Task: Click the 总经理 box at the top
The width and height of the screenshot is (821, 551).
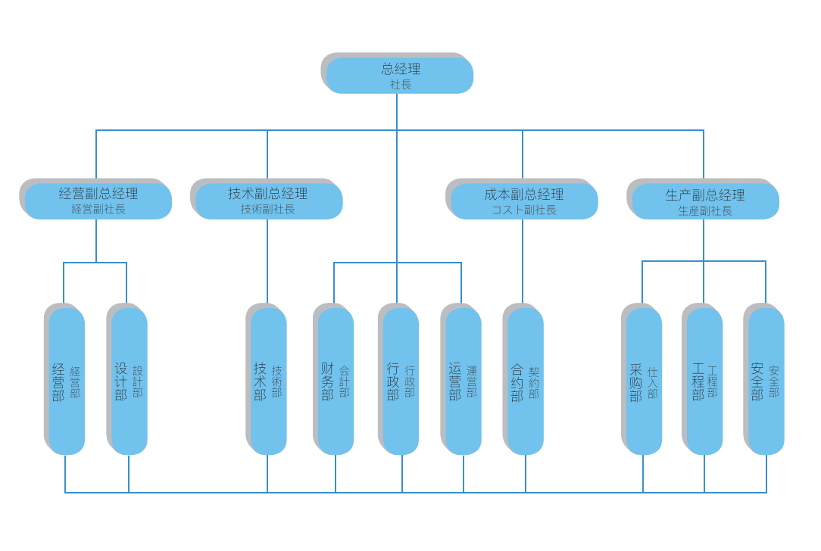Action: tap(399, 75)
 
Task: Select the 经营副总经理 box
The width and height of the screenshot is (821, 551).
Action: tap(98, 201)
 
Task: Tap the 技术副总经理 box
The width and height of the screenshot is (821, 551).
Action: tap(269, 201)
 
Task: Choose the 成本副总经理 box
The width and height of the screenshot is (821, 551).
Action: tap(524, 201)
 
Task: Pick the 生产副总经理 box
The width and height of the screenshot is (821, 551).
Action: tap(705, 201)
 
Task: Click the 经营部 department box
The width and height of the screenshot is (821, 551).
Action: tap(67, 381)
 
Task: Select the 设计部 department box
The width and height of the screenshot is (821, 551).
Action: tap(129, 381)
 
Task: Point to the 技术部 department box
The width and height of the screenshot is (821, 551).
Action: tap(268, 381)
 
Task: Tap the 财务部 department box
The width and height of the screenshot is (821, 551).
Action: tap(336, 381)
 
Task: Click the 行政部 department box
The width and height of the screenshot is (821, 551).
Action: tap(401, 381)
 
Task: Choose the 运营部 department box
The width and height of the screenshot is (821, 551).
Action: tap(463, 381)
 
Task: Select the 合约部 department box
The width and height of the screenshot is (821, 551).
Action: tap(525, 381)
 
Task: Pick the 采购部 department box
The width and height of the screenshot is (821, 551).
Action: tap(644, 381)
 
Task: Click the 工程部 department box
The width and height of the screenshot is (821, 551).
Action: tap(704, 381)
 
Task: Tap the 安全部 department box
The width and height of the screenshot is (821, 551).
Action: tap(766, 381)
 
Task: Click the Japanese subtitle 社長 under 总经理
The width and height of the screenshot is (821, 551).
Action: tap(401, 85)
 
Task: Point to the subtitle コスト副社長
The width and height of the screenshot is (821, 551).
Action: tap(524, 210)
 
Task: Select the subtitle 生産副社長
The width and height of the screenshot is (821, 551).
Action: tap(705, 211)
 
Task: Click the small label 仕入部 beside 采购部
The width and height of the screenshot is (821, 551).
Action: tap(653, 383)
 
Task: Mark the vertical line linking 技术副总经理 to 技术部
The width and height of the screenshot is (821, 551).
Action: tap(267, 261)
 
